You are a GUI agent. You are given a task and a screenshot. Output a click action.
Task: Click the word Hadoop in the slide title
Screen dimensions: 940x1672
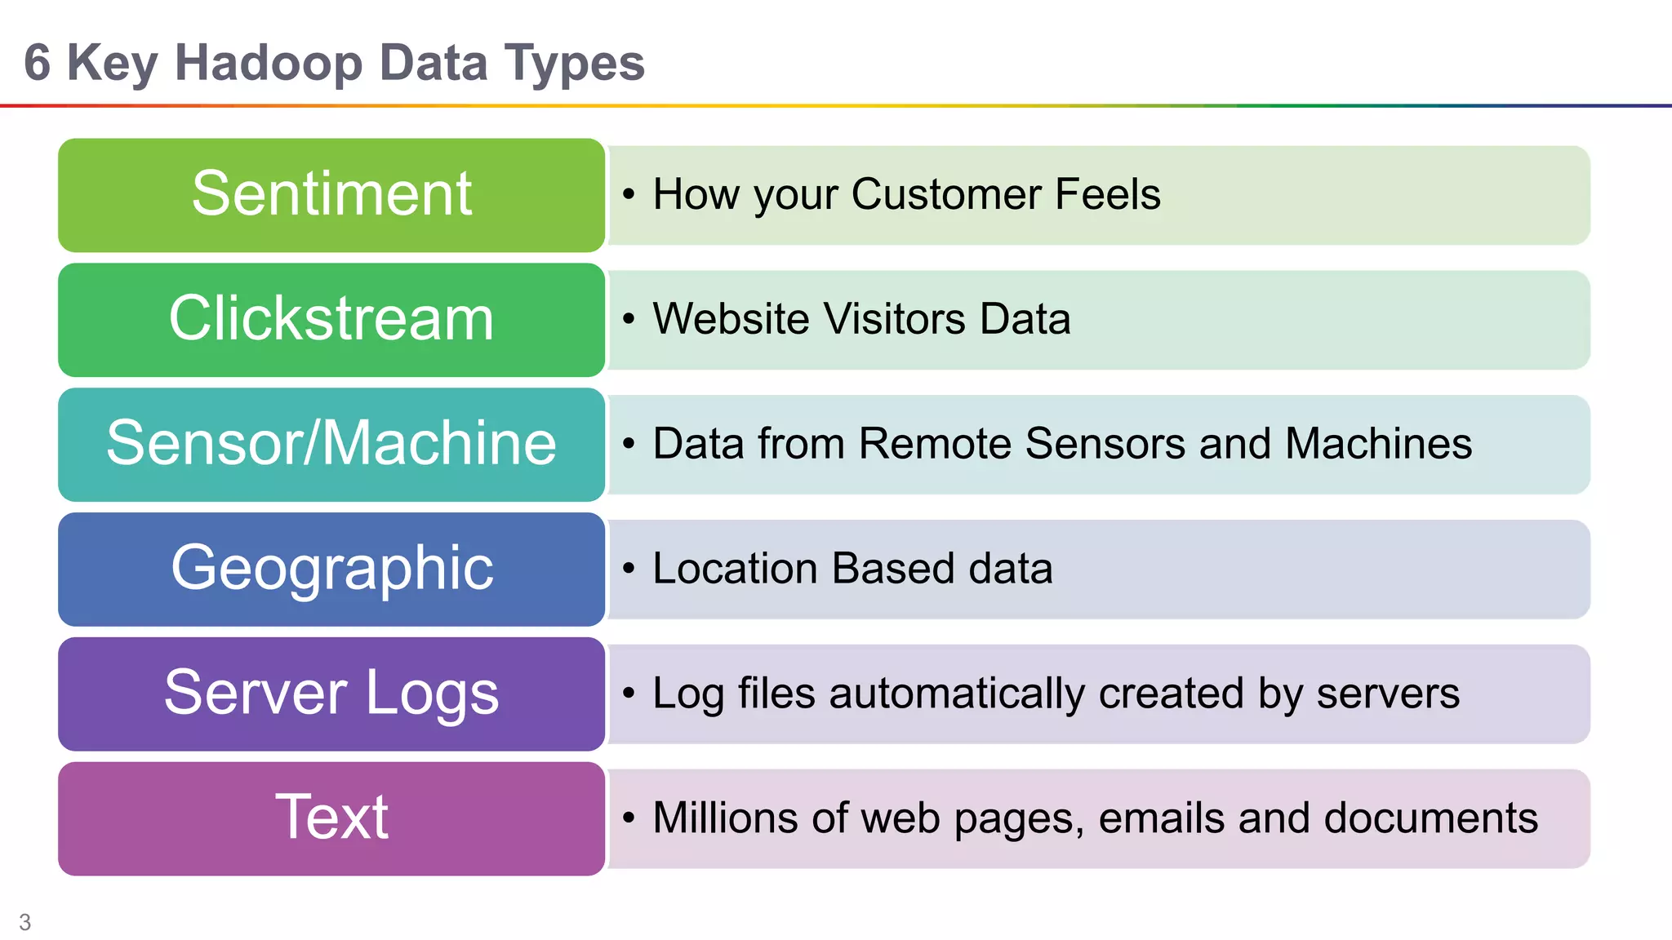point(269,64)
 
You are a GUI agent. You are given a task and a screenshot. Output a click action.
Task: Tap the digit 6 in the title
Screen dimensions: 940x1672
point(37,63)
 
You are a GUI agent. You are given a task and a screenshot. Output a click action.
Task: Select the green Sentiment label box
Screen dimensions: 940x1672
point(331,195)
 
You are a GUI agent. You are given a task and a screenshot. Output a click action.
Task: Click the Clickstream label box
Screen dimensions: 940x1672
point(331,319)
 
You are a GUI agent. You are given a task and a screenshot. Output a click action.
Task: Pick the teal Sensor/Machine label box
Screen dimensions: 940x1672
point(331,444)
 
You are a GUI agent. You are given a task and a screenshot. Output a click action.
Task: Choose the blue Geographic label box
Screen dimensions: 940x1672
point(331,569)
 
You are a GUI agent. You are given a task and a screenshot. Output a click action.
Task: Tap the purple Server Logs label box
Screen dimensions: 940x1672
point(331,694)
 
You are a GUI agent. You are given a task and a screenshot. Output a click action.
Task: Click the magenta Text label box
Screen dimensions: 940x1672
point(331,818)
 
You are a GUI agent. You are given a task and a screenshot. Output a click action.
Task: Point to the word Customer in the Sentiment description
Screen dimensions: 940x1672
point(946,194)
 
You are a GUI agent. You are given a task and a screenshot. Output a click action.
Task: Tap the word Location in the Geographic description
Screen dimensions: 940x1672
point(735,569)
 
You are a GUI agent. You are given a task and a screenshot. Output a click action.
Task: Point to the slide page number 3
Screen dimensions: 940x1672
point(25,922)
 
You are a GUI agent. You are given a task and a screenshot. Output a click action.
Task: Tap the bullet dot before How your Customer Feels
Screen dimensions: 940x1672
point(628,194)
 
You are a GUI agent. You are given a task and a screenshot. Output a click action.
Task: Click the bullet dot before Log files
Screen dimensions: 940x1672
point(628,694)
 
